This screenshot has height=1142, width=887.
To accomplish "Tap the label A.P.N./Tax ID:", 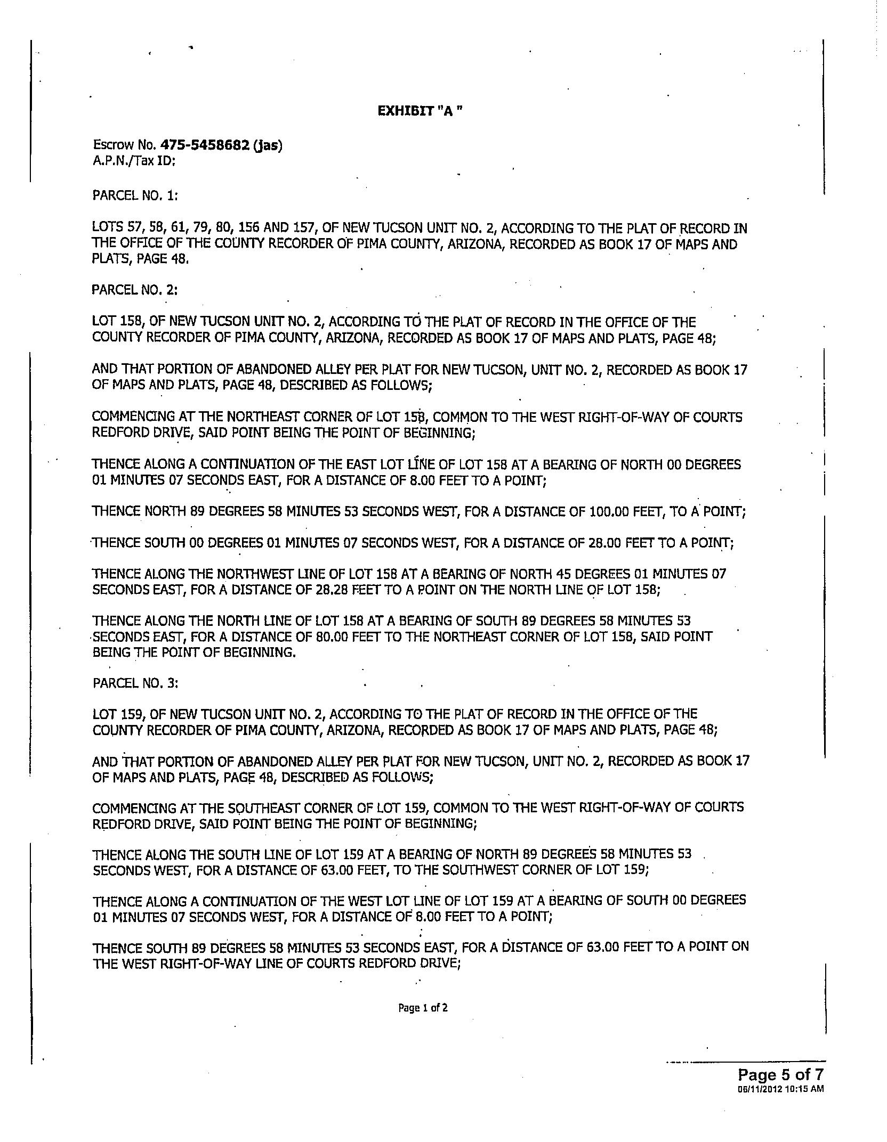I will [134, 160].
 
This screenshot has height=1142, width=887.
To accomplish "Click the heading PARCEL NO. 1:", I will [135, 195].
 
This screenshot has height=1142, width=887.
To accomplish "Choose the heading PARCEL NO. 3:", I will [135, 683].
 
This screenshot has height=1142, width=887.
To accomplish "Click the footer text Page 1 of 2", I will [423, 1008].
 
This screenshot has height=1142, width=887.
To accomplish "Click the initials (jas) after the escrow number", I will [268, 145].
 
